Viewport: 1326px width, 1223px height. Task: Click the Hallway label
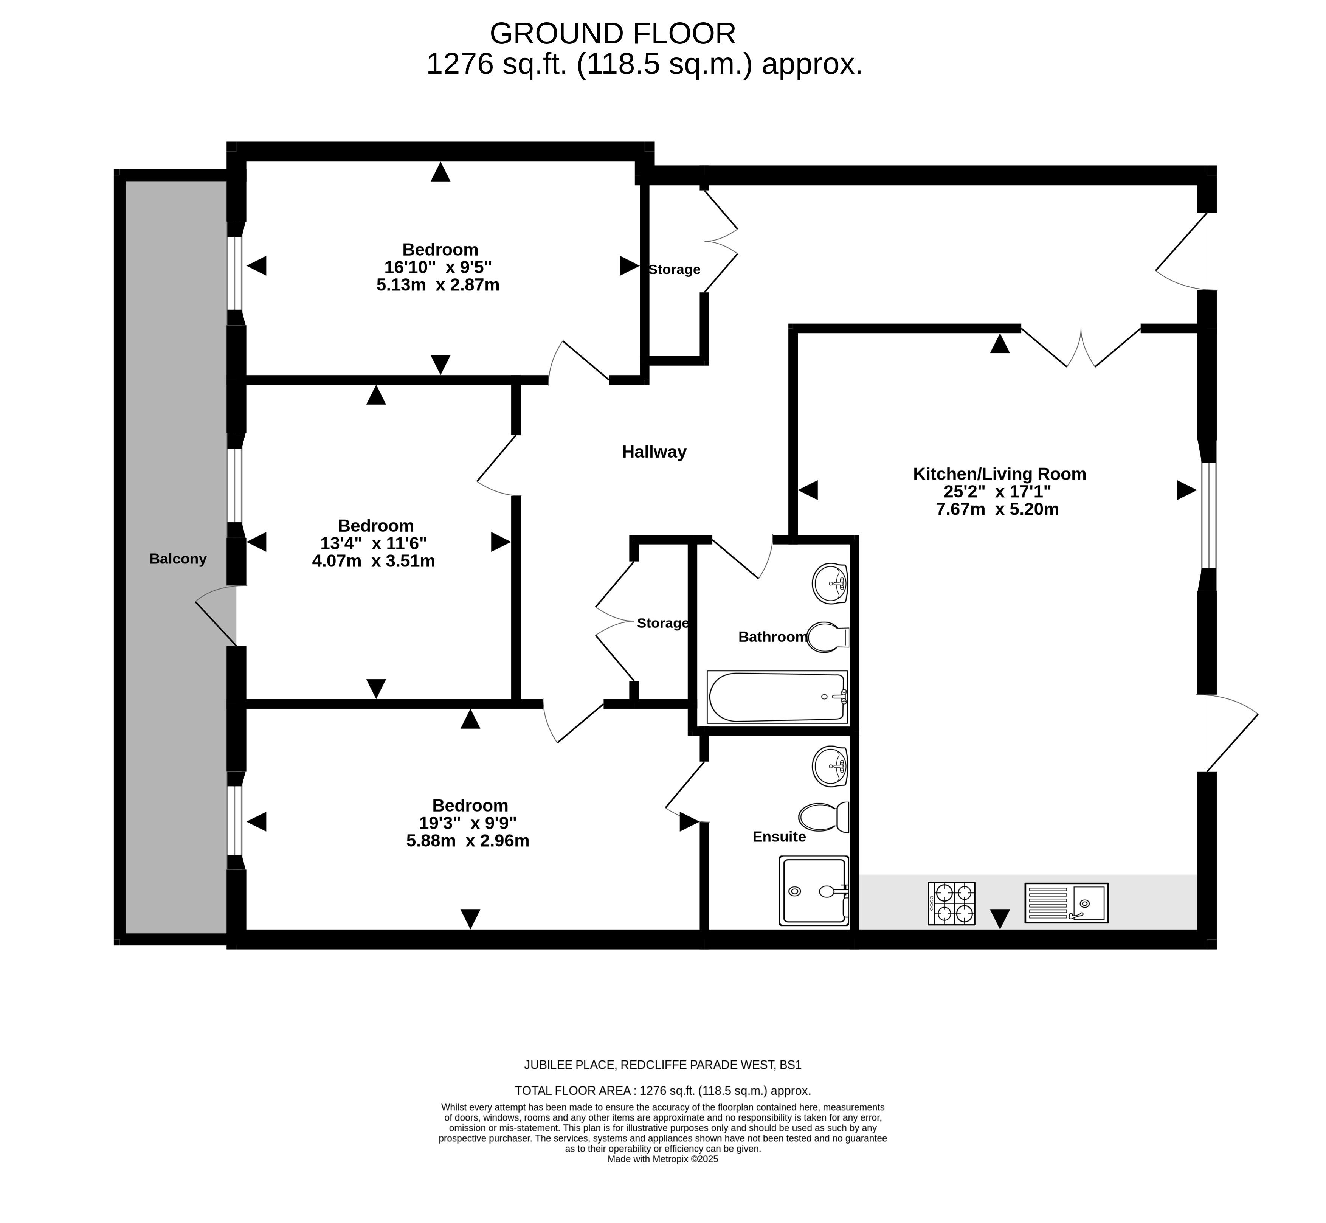coord(654,452)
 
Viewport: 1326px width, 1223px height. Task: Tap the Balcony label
coord(178,559)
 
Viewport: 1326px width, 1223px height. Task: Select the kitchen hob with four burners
coord(951,903)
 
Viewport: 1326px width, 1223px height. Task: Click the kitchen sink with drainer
coord(1066,903)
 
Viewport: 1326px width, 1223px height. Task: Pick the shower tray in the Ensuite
coord(814,891)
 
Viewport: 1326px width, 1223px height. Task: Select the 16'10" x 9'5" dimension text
coord(438,267)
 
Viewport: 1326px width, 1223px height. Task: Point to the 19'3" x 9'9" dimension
coord(468,823)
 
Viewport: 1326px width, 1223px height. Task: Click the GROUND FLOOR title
coord(613,33)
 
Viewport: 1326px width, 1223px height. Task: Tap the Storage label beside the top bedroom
coord(674,269)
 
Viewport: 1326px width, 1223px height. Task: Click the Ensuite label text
coord(780,837)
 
